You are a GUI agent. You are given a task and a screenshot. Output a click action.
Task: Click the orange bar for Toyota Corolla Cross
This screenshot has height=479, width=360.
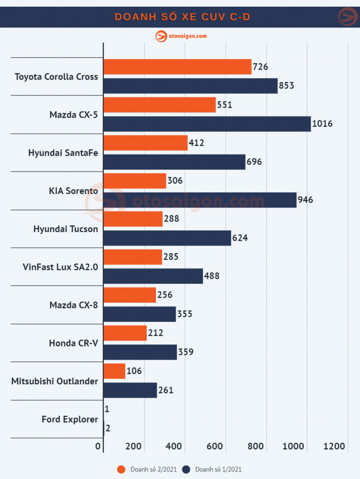(x=177, y=67)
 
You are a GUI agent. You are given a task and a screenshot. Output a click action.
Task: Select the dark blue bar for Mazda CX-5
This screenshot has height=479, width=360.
(x=207, y=124)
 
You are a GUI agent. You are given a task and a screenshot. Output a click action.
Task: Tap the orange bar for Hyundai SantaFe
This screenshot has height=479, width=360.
(x=145, y=143)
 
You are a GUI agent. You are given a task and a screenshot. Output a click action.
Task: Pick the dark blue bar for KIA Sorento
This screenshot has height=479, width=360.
(x=200, y=200)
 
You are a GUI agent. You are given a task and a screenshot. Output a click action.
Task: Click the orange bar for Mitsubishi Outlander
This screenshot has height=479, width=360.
(x=114, y=371)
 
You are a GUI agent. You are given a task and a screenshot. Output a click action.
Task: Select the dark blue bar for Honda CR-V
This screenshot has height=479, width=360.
(x=140, y=352)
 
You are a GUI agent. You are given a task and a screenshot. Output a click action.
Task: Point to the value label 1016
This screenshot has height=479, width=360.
(x=322, y=124)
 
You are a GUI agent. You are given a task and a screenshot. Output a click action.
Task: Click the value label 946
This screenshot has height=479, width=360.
(x=305, y=200)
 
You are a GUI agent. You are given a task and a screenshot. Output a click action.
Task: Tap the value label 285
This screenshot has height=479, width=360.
(x=170, y=257)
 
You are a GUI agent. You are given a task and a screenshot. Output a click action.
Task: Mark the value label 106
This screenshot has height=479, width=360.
(x=134, y=371)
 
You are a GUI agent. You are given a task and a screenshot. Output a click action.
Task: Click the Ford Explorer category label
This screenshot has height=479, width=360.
(x=70, y=419)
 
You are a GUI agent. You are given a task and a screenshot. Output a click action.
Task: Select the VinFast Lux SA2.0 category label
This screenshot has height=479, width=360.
(x=60, y=267)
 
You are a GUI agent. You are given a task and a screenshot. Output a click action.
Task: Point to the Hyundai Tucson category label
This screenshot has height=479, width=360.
(x=66, y=229)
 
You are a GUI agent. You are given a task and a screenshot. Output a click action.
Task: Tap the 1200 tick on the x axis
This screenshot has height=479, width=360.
(x=334, y=446)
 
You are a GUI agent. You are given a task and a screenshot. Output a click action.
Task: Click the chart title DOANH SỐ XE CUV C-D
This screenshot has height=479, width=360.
(x=182, y=17)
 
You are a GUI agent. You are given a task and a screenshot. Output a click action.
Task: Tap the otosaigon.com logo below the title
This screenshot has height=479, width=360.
(x=181, y=36)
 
